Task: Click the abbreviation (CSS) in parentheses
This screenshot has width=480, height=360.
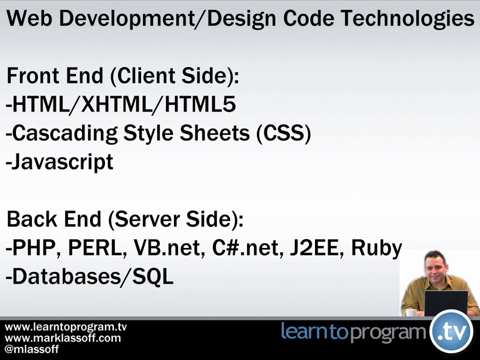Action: pos(283,133)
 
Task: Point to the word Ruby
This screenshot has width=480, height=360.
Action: pos(376,248)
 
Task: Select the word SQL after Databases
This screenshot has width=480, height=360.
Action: pos(152,276)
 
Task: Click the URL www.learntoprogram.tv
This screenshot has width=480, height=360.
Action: pos(65,327)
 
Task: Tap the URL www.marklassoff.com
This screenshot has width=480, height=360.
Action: pos(62,338)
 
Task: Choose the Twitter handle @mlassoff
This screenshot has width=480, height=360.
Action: pos(31,349)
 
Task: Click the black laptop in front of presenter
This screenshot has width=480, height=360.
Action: pos(445,303)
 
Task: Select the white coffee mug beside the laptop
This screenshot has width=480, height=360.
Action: pos(410,312)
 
